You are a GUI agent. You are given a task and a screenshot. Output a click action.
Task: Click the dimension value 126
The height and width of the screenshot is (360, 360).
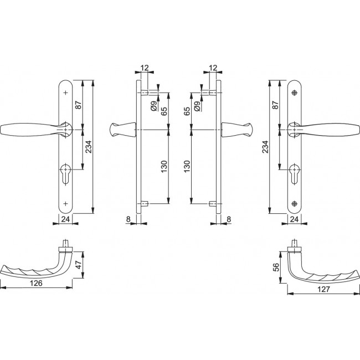click(36, 283)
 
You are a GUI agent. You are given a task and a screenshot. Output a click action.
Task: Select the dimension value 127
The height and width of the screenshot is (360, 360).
click(323, 289)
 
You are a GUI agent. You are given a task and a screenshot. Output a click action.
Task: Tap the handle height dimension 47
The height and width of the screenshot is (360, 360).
click(79, 265)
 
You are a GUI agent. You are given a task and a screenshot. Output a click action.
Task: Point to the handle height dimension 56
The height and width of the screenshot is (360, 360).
click(276, 267)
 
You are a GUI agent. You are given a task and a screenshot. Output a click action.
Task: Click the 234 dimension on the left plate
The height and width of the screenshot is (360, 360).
click(89, 146)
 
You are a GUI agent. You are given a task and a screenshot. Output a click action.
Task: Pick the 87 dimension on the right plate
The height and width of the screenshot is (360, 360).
click(275, 105)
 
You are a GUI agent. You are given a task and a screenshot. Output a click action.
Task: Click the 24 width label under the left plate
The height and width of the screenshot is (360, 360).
click(65, 219)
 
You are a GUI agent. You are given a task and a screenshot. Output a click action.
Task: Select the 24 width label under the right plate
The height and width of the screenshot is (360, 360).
click(294, 219)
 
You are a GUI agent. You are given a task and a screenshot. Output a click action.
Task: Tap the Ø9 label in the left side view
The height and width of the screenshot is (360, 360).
click(155, 106)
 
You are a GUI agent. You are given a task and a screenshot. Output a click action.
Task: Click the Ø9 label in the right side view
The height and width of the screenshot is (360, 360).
click(197, 106)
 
